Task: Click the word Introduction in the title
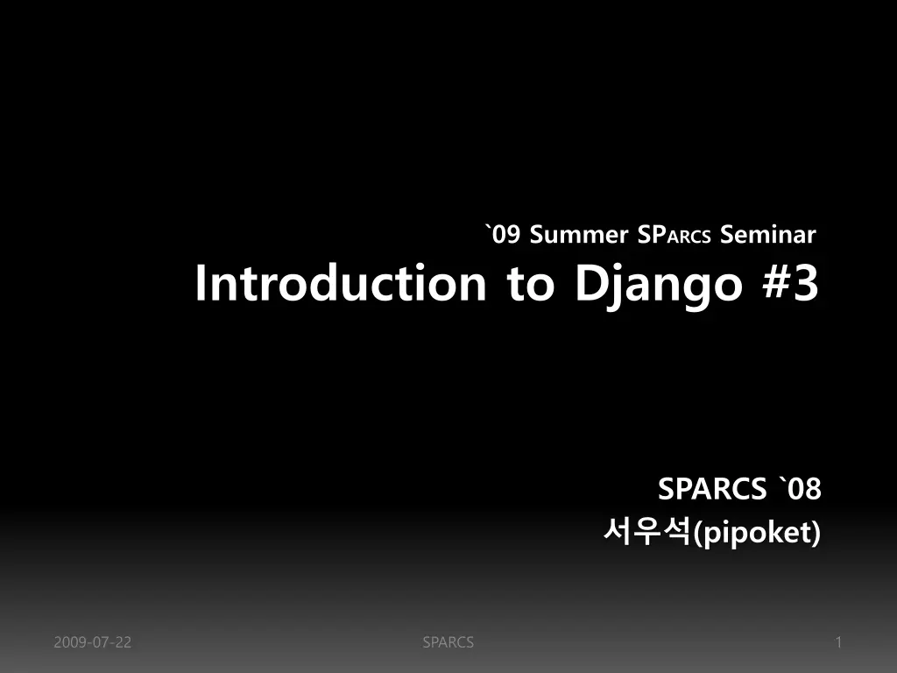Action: [x=341, y=283]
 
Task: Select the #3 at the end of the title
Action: [x=791, y=283]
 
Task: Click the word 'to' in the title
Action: [x=530, y=285]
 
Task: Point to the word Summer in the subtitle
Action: [x=578, y=235]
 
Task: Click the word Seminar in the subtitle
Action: [x=767, y=235]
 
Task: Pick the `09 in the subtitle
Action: [x=503, y=235]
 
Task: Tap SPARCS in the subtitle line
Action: [x=674, y=235]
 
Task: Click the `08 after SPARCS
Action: [x=800, y=489]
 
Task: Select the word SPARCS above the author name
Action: [x=711, y=489]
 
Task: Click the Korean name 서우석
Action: [x=647, y=532]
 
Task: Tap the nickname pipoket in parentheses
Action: [x=756, y=534]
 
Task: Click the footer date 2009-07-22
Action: [x=93, y=642]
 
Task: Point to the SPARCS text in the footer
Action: [x=448, y=642]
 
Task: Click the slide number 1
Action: [x=838, y=642]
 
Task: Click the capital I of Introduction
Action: [x=201, y=283]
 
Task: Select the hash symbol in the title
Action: [x=777, y=283]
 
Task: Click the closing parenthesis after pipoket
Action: [x=816, y=534]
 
